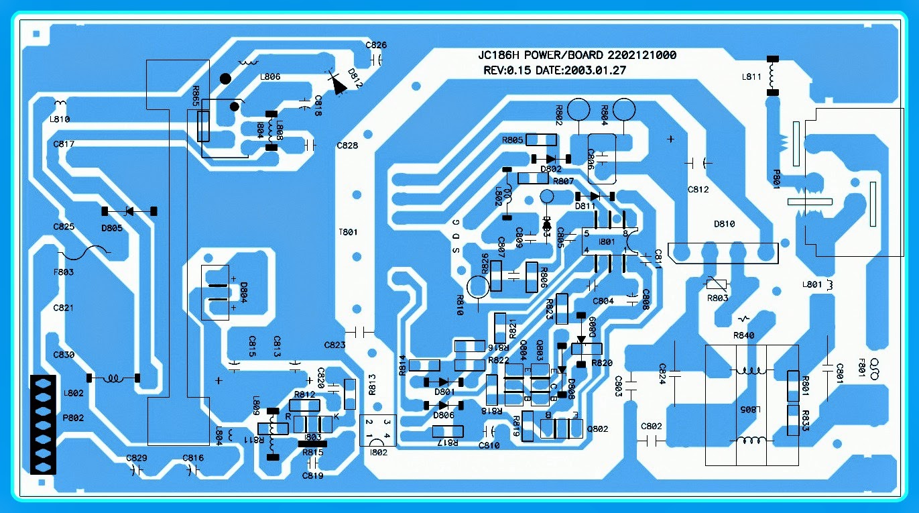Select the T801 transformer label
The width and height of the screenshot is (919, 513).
[x=348, y=232]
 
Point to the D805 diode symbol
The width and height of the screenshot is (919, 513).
[x=129, y=211]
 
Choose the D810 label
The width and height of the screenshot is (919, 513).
[x=724, y=223]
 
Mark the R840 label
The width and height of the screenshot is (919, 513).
[x=743, y=335]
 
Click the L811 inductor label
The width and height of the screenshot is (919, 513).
[x=751, y=76]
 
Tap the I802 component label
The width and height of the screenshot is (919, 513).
[x=379, y=452]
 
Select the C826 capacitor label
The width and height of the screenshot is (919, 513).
[x=376, y=45]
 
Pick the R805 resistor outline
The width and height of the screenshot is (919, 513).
[x=541, y=140]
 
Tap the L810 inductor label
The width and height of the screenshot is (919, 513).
[x=60, y=119]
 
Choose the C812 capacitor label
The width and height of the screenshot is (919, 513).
[x=698, y=190]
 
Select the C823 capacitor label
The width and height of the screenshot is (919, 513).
[x=334, y=345]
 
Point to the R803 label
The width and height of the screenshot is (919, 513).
[x=717, y=298]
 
